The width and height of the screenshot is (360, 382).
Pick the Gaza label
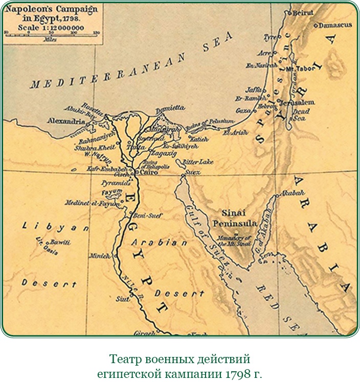click(242, 110)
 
